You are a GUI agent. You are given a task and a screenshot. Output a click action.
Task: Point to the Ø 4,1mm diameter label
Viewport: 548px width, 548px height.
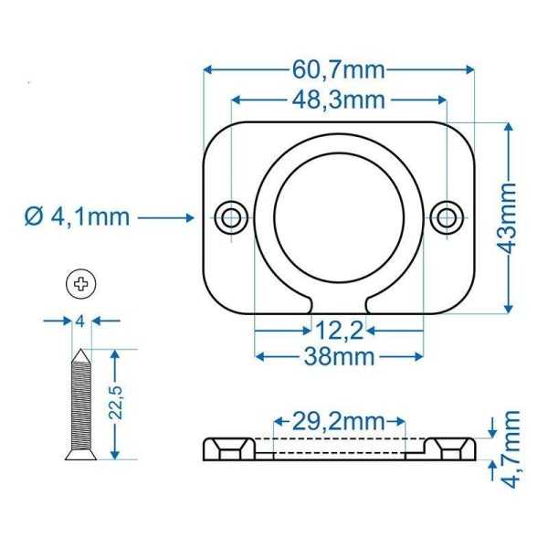click(x=77, y=216)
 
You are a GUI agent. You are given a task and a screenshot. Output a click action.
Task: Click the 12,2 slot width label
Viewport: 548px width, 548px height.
click(x=340, y=327)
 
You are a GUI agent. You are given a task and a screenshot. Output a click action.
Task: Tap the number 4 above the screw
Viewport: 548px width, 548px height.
click(x=81, y=321)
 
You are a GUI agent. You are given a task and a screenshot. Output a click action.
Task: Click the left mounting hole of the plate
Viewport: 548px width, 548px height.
click(x=232, y=216)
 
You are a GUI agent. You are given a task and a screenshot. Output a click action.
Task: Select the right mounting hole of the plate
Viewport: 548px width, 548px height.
click(x=447, y=216)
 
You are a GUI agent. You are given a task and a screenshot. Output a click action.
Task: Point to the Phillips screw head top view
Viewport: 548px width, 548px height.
click(x=82, y=284)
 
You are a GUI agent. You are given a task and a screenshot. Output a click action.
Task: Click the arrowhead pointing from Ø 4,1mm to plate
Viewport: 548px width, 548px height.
click(x=193, y=216)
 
